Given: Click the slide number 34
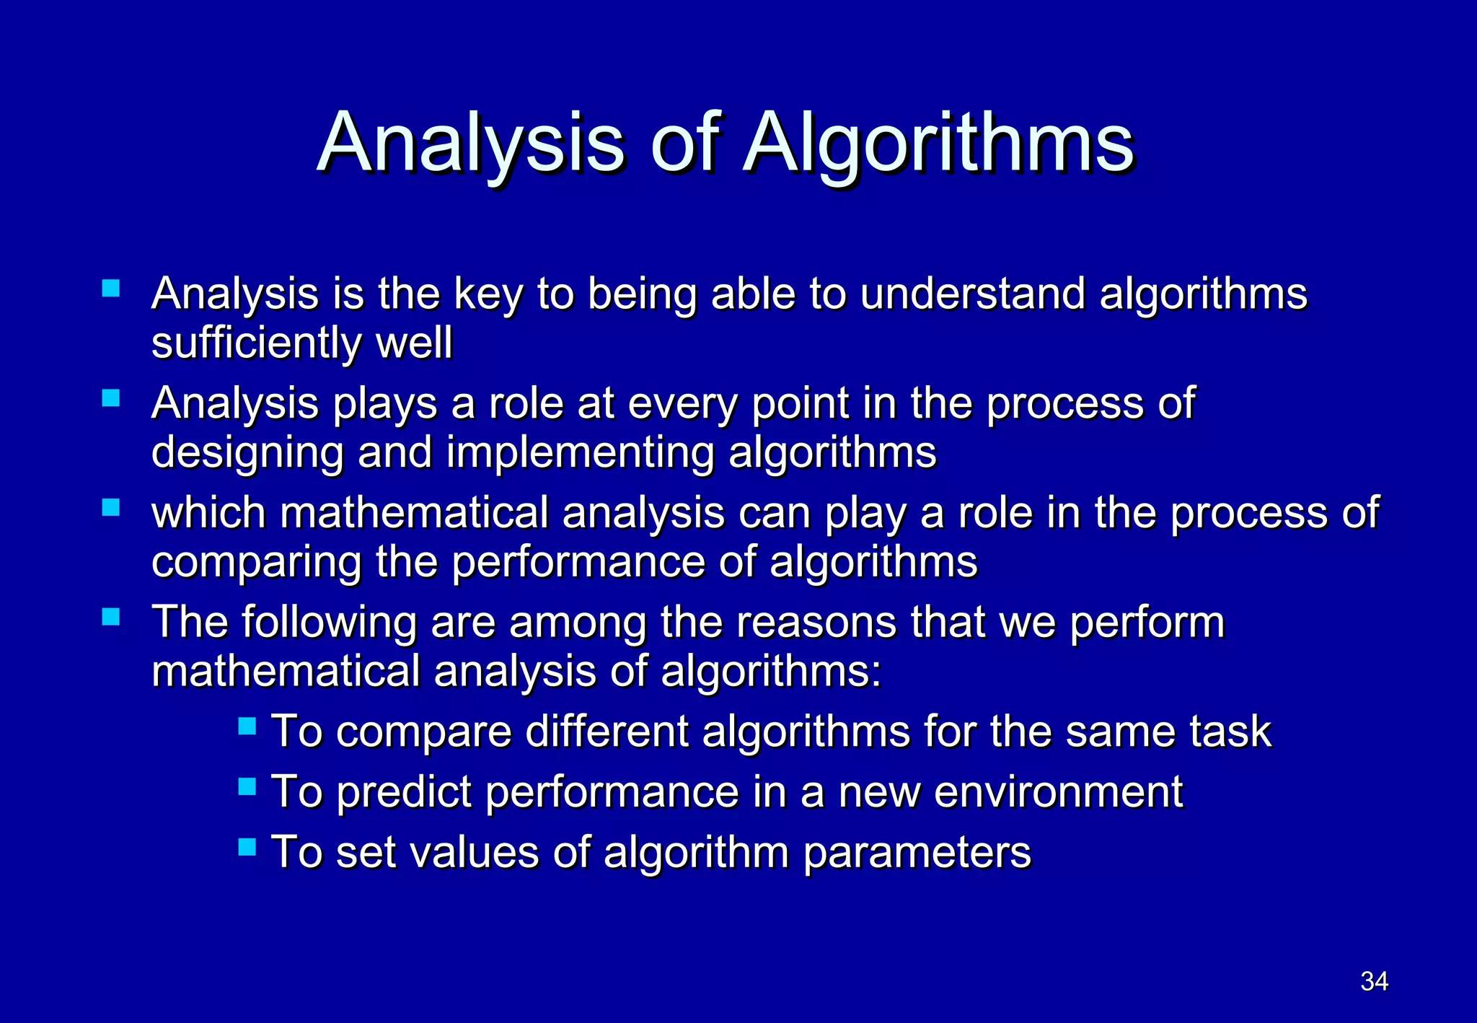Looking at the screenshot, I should coord(1374,981).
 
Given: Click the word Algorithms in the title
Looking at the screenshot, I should coord(940,144).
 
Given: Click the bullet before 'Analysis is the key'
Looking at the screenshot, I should coord(111,289).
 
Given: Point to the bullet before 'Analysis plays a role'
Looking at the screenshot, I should coord(111,398).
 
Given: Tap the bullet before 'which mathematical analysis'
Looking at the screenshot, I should coord(111,508).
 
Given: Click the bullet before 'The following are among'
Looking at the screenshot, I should coord(111,617).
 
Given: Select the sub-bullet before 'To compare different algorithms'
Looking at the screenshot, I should coord(247,725).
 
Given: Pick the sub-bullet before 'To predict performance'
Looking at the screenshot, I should coord(247,786).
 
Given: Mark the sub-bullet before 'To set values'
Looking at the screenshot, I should coord(247,846).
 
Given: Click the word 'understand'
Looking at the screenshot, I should coord(973,294).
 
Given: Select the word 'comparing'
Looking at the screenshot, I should coord(257,563).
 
